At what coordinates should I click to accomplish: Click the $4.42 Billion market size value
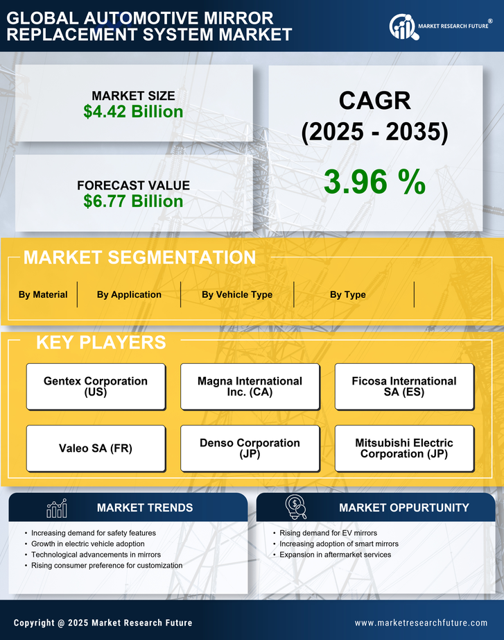pos(133,112)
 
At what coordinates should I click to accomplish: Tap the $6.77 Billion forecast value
pos(133,201)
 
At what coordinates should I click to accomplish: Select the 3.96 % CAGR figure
pos(374,182)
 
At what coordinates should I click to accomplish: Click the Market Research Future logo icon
pos(402,26)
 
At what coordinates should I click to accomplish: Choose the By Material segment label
pos(43,294)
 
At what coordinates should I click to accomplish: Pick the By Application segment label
pos(129,294)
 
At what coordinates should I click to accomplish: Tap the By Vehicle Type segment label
pos(237,294)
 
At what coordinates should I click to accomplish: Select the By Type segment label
pos(347,294)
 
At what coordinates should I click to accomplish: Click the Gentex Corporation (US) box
pos(96,386)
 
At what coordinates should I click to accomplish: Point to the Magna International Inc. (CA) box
pos(250,386)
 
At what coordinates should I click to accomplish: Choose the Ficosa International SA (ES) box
pos(404,386)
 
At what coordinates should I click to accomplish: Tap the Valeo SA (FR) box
pos(96,448)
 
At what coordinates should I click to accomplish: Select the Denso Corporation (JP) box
pos(250,448)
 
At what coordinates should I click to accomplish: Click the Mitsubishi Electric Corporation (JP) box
pos(404,448)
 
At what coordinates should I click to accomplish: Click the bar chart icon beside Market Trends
pos(56,508)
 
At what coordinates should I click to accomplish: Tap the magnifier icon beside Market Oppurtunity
pos(296,507)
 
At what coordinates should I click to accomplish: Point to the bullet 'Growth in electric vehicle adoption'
pos(88,544)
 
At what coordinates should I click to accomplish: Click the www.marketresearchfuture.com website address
pos(421,623)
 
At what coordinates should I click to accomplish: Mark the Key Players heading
pos(101,342)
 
